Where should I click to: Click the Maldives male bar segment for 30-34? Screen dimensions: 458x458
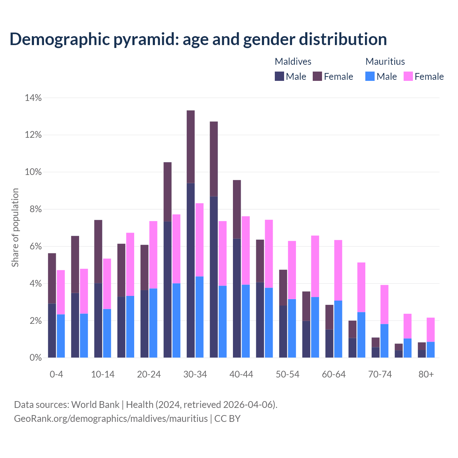[191, 270]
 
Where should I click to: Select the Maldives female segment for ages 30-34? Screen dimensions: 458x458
[191, 147]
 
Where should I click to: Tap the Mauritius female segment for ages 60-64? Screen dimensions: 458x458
[338, 270]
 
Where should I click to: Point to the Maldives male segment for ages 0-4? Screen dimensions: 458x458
[52, 330]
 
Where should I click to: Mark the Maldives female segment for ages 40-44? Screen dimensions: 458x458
[237, 209]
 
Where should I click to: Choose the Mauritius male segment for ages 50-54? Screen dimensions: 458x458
[292, 328]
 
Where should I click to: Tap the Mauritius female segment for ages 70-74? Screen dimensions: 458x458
[384, 304]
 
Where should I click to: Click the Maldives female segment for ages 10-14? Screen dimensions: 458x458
[98, 252]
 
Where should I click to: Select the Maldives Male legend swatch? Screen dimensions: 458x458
[279, 76]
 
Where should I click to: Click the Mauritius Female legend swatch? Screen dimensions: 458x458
[408, 76]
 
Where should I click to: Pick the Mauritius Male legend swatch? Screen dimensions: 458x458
[370, 76]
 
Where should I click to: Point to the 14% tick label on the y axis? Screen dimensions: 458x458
[33, 98]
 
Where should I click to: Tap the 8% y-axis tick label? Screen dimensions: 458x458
[35, 209]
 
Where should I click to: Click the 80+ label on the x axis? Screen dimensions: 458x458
[426, 374]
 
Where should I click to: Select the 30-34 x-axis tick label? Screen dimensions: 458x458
[195, 374]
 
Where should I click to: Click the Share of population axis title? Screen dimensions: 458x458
[15, 228]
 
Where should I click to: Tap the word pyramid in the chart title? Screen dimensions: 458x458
[146, 39]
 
